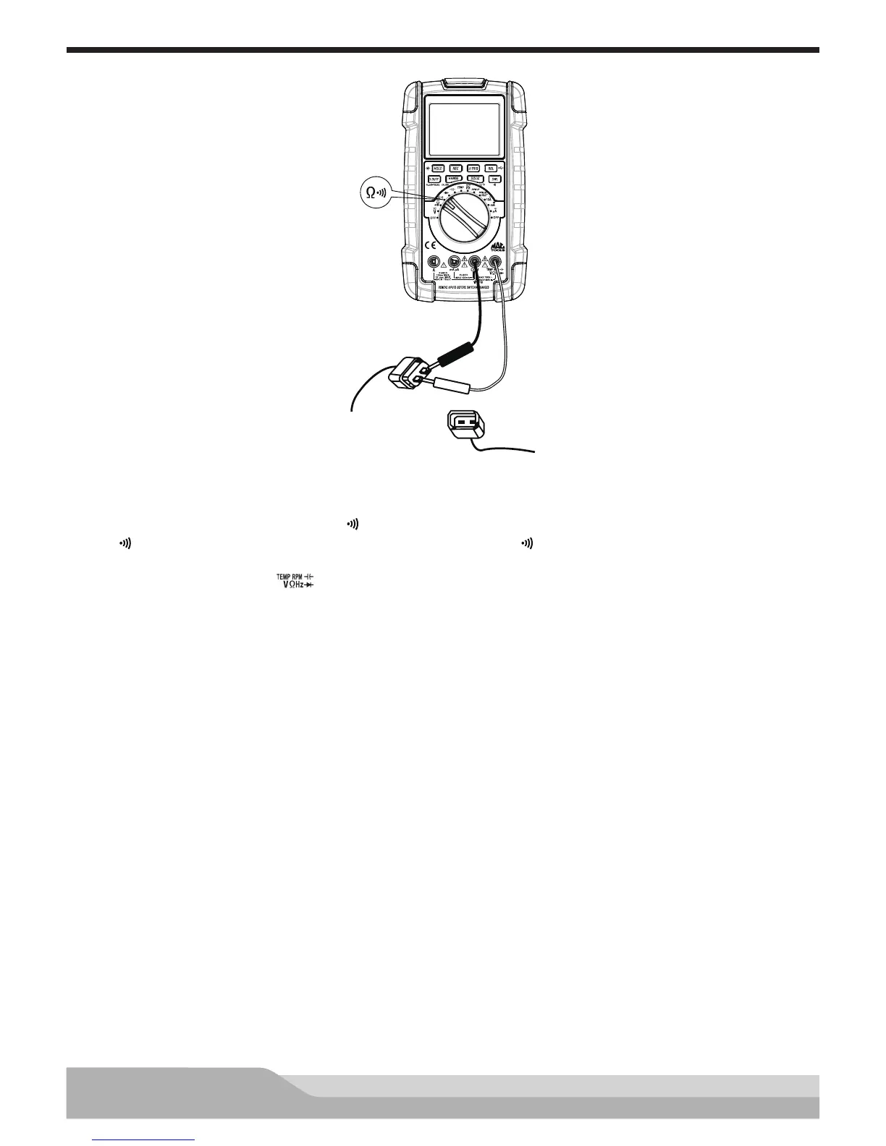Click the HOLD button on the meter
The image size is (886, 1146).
pos(439,168)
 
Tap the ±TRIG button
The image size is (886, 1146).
pos(475,168)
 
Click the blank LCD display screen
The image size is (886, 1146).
pos(463,129)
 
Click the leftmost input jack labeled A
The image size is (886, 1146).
pos(433,263)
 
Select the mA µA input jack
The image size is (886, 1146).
pos(454,263)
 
